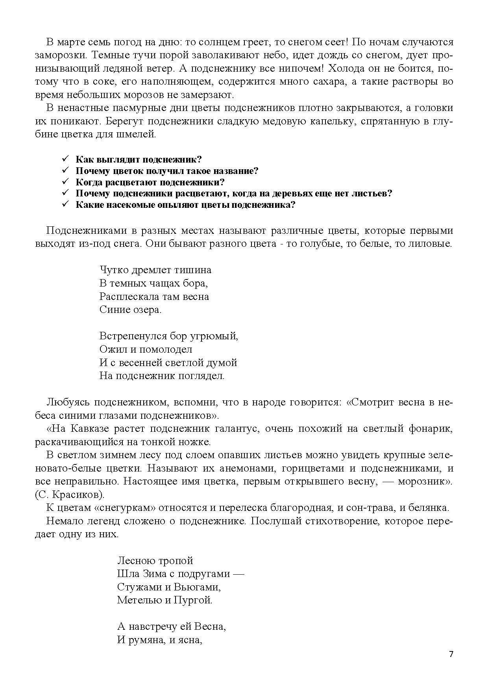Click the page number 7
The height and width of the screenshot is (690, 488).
point(451,654)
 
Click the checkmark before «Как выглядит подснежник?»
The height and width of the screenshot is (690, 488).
point(65,159)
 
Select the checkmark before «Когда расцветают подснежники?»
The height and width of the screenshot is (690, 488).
point(65,182)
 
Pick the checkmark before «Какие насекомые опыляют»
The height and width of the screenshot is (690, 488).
point(65,205)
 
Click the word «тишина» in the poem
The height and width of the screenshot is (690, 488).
point(194,270)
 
